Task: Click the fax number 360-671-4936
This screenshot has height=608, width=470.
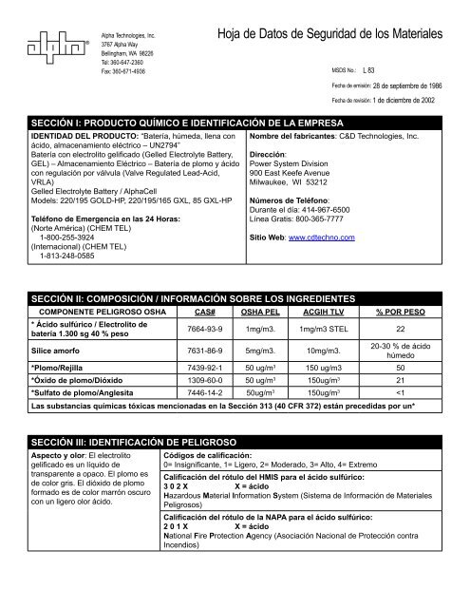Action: coord(124,70)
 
